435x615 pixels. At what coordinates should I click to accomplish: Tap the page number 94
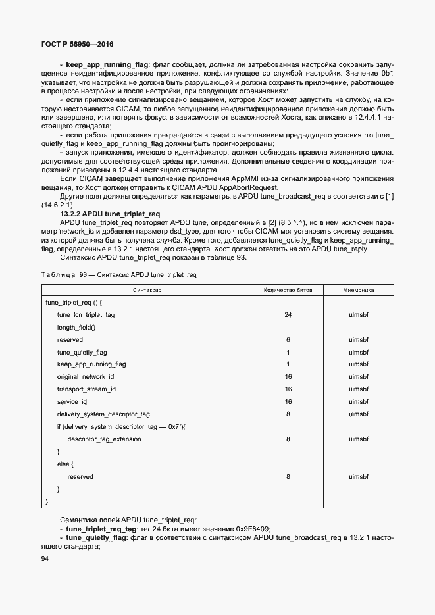(45, 558)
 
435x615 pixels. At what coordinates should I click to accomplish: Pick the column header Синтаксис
(147, 290)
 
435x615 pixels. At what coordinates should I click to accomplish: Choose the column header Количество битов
(288, 290)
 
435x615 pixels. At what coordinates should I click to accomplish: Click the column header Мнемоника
(359, 290)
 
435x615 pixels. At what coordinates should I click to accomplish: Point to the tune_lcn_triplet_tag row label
(86, 315)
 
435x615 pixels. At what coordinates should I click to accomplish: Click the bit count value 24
(288, 315)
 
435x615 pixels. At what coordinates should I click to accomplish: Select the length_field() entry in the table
(76, 328)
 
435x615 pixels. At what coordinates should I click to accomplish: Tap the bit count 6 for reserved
(288, 340)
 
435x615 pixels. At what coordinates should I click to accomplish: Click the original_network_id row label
(86, 377)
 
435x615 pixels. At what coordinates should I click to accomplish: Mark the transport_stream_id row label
(86, 389)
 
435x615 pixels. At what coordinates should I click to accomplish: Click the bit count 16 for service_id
(288, 402)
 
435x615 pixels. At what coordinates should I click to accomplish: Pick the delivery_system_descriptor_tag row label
(103, 414)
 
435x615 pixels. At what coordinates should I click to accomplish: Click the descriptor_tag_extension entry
(104, 439)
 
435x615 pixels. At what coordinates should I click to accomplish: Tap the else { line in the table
(65, 464)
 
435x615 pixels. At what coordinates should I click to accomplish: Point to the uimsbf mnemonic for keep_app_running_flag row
(359, 364)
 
